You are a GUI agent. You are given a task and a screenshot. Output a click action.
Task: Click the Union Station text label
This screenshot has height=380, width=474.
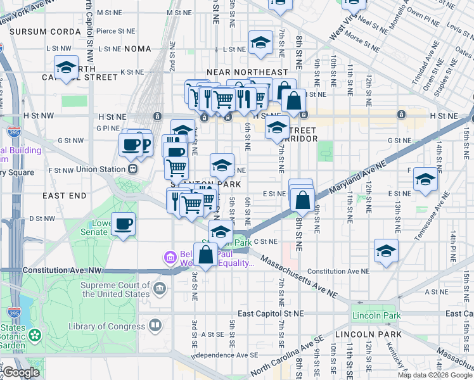pyautogui.click(x=101, y=169)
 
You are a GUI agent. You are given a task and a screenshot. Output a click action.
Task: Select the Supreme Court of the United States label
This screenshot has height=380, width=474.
pyautogui.click(x=115, y=289)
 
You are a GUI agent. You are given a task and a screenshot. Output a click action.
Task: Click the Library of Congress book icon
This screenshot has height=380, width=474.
pyautogui.click(x=155, y=326)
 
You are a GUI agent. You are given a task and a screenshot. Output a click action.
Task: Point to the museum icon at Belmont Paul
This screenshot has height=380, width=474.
pyautogui.click(x=170, y=258)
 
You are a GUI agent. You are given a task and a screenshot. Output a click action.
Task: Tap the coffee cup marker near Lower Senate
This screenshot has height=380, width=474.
pyautogui.click(x=124, y=224)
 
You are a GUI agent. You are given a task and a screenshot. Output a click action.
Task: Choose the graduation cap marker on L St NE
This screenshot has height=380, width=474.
pyautogui.click(x=260, y=43)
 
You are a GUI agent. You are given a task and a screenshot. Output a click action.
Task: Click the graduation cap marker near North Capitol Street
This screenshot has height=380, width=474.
pyautogui.click(x=66, y=67)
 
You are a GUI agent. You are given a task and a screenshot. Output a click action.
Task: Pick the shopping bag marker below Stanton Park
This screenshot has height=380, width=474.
pyautogui.click(x=205, y=255)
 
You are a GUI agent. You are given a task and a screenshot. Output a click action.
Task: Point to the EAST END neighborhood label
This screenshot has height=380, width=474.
pyautogui.click(x=64, y=196)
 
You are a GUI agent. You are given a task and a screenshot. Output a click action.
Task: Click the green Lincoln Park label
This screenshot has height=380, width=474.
pyautogui.click(x=376, y=315)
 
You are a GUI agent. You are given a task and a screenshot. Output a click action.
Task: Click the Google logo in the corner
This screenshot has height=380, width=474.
pyautogui.click(x=21, y=372)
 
